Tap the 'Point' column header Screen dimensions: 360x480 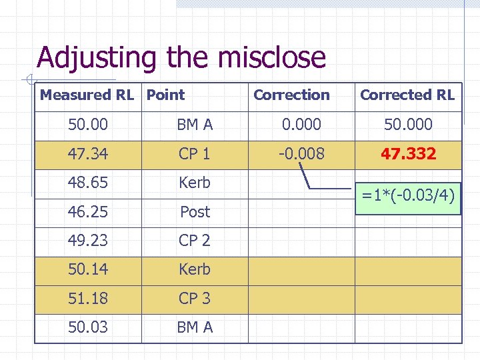click(165, 95)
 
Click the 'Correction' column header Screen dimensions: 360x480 click(291, 95)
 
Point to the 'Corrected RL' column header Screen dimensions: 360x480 click(407, 95)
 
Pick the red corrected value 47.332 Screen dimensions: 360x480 click(408, 154)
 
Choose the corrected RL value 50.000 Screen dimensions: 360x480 click(408, 124)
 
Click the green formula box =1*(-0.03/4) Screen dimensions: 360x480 click(408, 196)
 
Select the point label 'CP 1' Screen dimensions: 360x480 click(194, 154)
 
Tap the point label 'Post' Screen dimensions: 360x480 click(195, 212)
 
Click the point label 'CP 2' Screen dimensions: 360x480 click(194, 241)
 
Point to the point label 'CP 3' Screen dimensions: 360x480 click(194, 299)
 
